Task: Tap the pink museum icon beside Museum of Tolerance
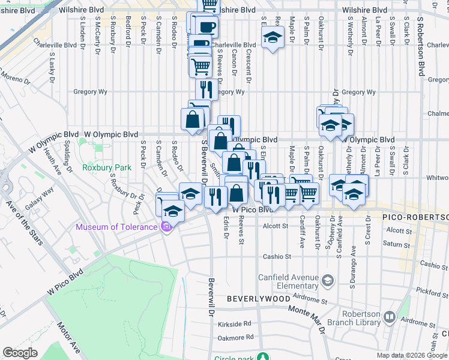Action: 166,227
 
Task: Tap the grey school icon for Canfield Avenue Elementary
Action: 328,280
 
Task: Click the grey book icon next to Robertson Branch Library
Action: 390,316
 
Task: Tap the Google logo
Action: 20,352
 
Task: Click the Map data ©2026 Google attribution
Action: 412,355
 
